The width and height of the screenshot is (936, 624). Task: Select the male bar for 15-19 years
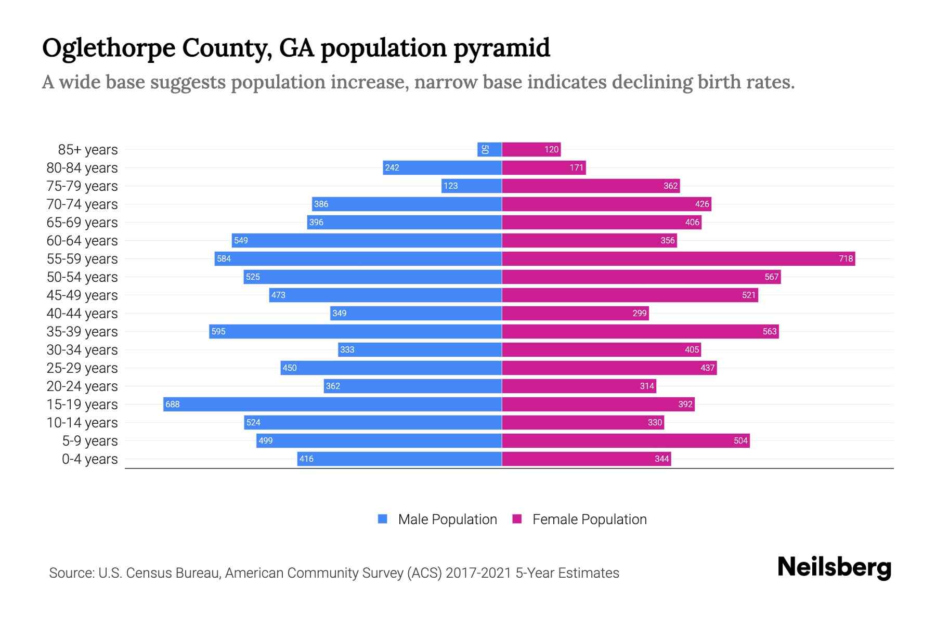point(333,404)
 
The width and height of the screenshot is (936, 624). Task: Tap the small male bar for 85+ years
point(489,149)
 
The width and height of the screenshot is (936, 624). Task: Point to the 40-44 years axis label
point(82,313)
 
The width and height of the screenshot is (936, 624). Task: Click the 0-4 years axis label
point(89,459)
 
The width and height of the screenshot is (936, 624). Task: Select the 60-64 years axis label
point(82,240)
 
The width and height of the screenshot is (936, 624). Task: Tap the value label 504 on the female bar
point(740,441)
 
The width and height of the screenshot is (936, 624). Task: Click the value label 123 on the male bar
point(450,186)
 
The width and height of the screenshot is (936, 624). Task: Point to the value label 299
point(640,313)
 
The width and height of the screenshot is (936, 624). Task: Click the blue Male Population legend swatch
point(383,519)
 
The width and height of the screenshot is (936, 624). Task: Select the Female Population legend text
point(589,519)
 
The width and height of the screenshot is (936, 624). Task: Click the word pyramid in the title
point(501,48)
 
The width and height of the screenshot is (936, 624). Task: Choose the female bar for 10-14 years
point(582,422)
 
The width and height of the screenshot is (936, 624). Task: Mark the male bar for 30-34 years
point(420,349)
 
